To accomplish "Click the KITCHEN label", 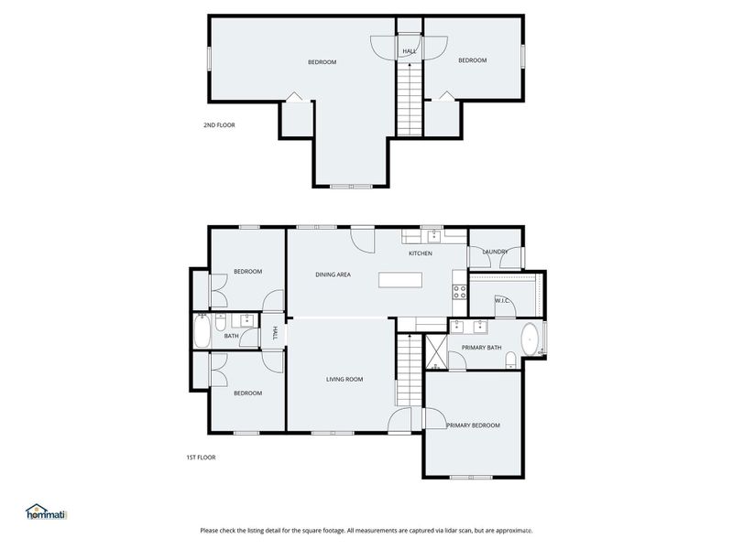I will pos(420,253).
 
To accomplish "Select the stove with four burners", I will pos(459,293).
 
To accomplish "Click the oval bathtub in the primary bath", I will pos(530,340).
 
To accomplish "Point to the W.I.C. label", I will pos(502,300).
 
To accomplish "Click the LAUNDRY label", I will pos(496,253).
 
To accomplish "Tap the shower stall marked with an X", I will pos(435,351).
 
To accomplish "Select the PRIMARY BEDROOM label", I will pos(473,425).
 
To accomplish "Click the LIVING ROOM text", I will pos(345,379).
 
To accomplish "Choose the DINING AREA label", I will pos(333,274).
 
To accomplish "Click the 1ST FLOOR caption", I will pos(201,457).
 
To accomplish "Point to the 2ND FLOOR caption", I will pos(219,124).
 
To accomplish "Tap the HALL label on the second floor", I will pos(410,51).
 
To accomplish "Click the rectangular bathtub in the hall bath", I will pos(202,335).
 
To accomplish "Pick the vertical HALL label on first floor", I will pos(274,335).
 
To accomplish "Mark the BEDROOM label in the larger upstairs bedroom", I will pos(322,62).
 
